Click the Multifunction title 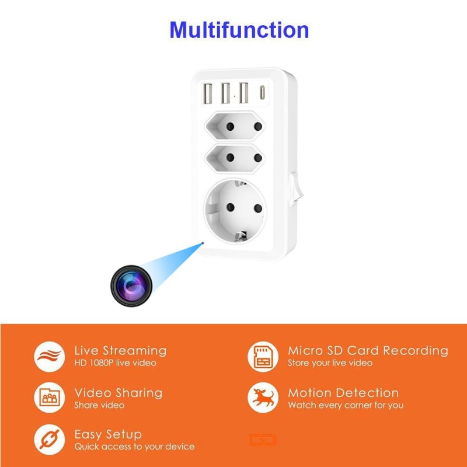[239, 30]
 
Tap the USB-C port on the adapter [262, 92]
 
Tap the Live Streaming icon [49, 356]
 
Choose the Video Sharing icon [49, 398]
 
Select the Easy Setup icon [49, 440]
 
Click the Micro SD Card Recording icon [263, 356]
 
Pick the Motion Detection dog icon [263, 398]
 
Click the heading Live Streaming [120, 350]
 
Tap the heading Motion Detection [343, 393]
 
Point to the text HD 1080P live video [116, 363]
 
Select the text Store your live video [330, 363]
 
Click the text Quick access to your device [134, 447]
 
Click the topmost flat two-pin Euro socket [232, 125]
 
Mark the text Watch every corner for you [345, 405]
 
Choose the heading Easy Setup [108, 434]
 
